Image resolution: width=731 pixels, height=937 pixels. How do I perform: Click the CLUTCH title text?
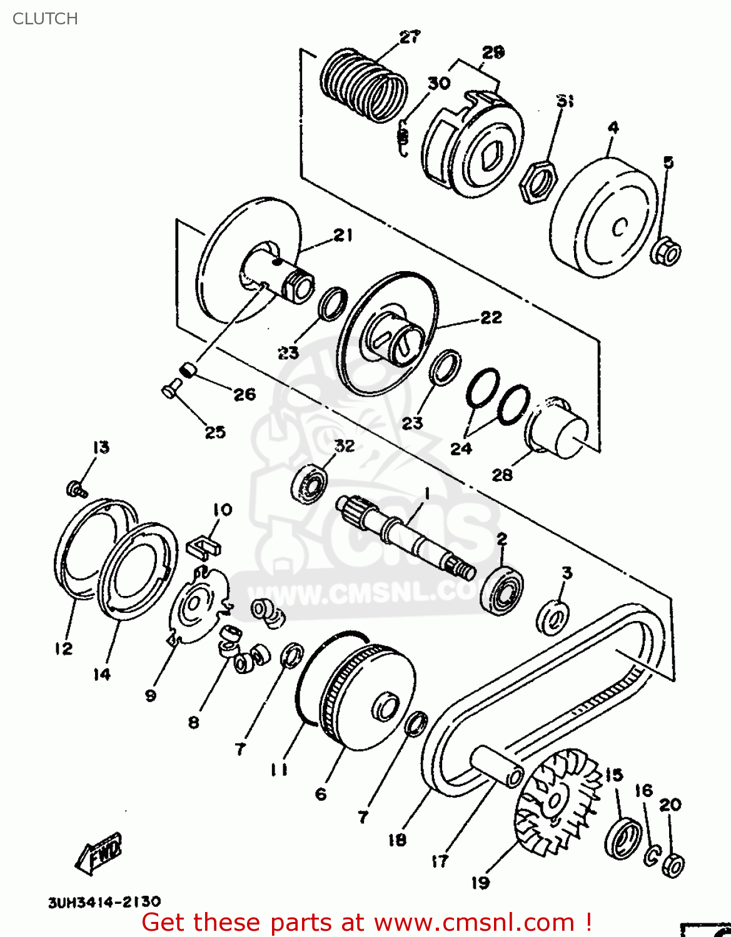click(x=45, y=19)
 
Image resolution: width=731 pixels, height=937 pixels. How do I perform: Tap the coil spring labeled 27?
click(x=363, y=86)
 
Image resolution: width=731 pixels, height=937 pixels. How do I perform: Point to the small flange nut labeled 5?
click(x=667, y=252)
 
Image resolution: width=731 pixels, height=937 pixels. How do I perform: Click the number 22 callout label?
click(x=491, y=317)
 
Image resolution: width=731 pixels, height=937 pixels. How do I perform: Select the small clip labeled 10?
click(x=204, y=545)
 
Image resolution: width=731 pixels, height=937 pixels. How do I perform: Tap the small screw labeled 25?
click(x=169, y=391)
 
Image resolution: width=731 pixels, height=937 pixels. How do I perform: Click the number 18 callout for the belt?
click(x=397, y=840)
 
